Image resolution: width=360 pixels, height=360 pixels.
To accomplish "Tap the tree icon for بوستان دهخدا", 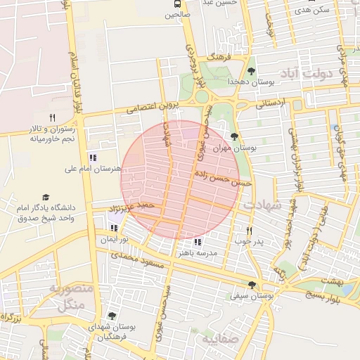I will pyautogui.click(x=251, y=71).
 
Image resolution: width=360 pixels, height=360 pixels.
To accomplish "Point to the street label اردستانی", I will pyautogui.click(x=271, y=103).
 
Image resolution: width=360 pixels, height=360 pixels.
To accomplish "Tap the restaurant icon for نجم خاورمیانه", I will pyautogui.click(x=51, y=117).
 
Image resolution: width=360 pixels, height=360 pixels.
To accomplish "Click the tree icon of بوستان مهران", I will pyautogui.click(x=234, y=136).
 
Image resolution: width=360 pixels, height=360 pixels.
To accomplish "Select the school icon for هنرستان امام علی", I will pyautogui.click(x=92, y=157).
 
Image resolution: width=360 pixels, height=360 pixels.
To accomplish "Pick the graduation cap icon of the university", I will pyautogui.click(x=46, y=198).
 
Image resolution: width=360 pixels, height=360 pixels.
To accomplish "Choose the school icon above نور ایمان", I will pyautogui.click(x=114, y=228).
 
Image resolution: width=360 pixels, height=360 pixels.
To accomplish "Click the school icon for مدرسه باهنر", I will pyautogui.click(x=197, y=241).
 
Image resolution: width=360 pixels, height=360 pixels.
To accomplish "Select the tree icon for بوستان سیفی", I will pyautogui.click(x=251, y=285).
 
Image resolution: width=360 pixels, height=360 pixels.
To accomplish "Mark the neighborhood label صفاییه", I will pyautogui.click(x=220, y=340).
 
